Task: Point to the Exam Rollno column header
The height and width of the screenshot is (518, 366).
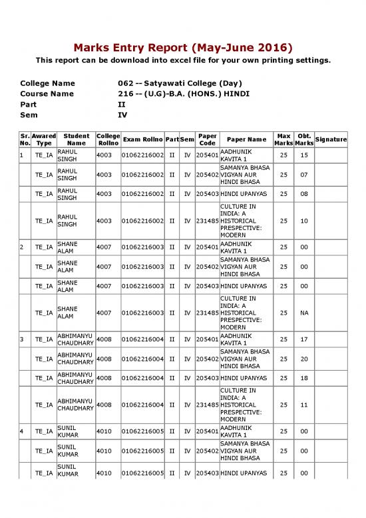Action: point(142,139)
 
